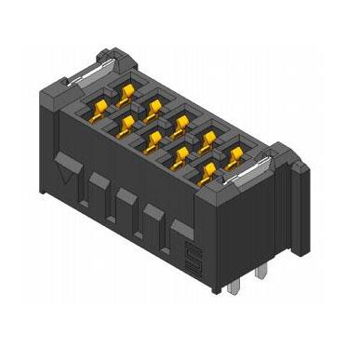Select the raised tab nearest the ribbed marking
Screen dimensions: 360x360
tap(182, 231)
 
